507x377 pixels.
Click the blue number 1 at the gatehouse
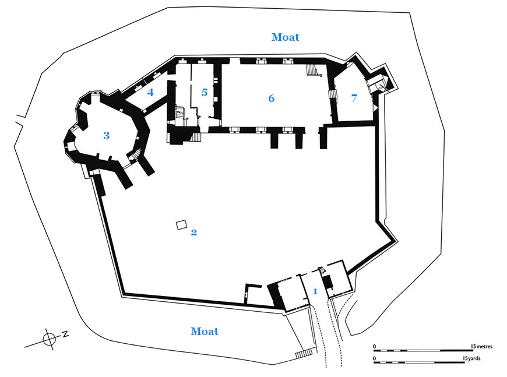coord(315,291)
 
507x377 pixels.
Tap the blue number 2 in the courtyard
coord(194,232)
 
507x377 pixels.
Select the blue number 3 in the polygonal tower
coord(107,135)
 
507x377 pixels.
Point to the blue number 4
coord(150,93)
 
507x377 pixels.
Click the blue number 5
coord(205,93)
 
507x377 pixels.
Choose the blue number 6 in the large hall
coord(272,98)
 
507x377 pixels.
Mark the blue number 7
coord(354,98)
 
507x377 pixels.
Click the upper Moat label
coord(285,37)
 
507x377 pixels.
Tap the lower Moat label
coord(205,331)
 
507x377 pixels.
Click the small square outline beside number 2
coord(182,225)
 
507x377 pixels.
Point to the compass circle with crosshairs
coord(50,340)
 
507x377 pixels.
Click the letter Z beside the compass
coord(65,334)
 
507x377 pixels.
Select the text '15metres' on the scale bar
coord(482,346)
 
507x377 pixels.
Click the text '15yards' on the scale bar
coord(471,358)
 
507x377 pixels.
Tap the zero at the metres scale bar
coord(375,347)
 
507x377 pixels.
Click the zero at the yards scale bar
coord(375,358)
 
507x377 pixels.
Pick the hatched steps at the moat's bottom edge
coord(304,354)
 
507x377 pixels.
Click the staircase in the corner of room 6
coord(312,70)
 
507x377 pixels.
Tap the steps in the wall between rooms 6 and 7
coord(332,94)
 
